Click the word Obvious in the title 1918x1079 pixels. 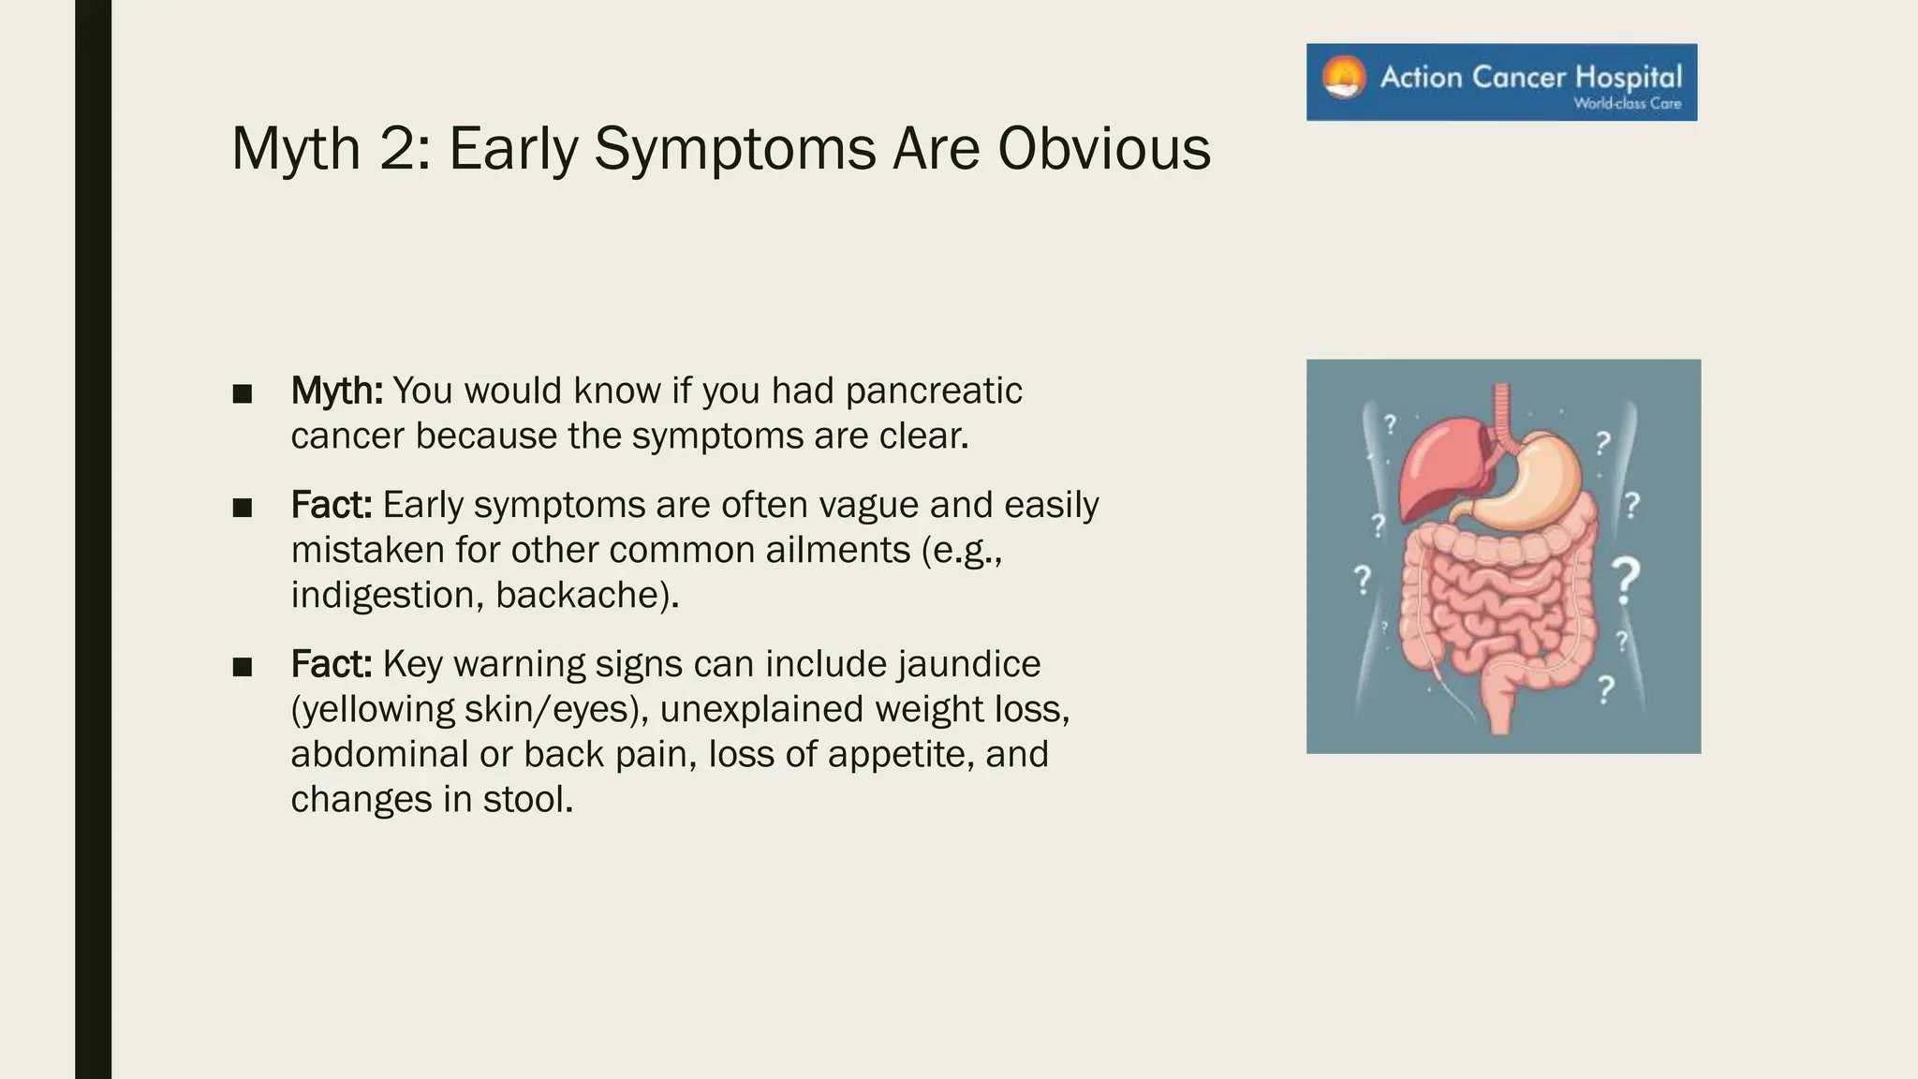1103,150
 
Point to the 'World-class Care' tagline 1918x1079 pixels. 1627,104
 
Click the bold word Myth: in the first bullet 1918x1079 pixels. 336,391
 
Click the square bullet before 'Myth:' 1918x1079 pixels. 243,394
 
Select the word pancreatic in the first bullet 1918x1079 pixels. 933,391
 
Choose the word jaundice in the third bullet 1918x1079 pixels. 968,664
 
